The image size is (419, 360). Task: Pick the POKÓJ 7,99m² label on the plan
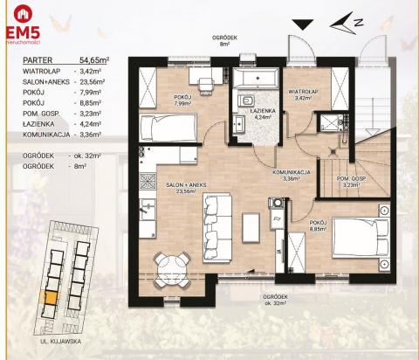pos(182,100)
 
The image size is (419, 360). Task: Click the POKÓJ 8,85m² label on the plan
pos(318,226)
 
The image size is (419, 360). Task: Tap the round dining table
pos(171,263)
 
